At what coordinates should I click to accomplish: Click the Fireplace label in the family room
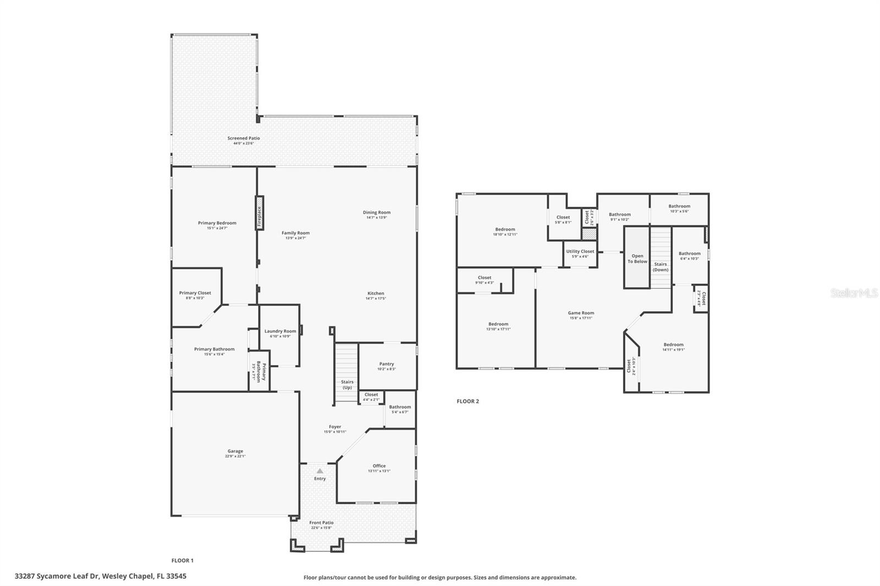259,213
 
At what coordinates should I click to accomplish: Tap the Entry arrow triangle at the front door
320,471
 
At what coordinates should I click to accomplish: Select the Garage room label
235,451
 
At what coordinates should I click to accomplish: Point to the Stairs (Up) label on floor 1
347,384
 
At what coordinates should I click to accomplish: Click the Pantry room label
387,364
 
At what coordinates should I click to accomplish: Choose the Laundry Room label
280,331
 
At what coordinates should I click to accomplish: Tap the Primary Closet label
195,293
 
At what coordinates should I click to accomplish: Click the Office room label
379,466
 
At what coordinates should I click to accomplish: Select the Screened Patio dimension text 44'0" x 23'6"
244,143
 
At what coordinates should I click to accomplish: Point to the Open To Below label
637,258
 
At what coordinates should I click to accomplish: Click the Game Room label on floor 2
581,313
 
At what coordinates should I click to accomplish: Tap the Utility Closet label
580,251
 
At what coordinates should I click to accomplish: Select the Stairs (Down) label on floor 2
661,267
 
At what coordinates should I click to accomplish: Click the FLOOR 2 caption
468,401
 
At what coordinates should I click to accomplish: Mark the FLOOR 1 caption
183,561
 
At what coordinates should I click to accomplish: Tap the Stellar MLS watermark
854,293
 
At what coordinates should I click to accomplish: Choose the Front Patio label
321,523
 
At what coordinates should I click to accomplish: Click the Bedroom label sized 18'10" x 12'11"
505,229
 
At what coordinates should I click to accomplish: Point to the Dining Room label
376,212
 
